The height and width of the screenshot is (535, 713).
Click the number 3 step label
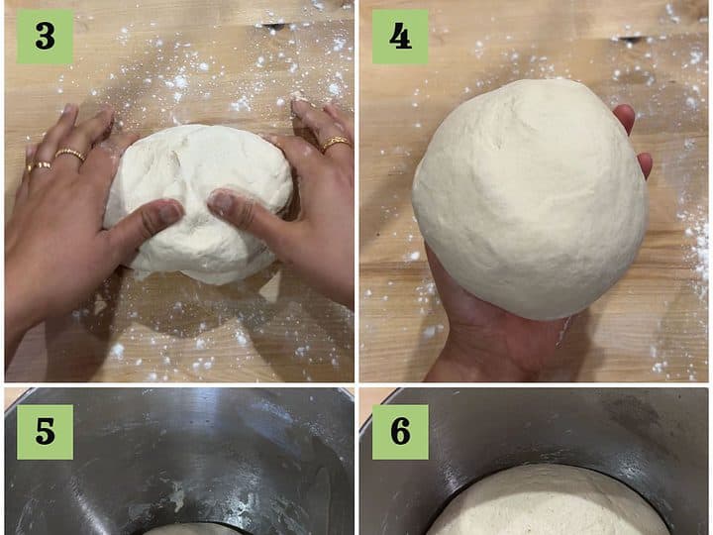pyautogui.click(x=45, y=37)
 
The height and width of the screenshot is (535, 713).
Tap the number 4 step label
pyautogui.click(x=400, y=37)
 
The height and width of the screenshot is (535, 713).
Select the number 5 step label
pyautogui.click(x=45, y=432)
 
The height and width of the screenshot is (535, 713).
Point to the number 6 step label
pyautogui.click(x=400, y=432)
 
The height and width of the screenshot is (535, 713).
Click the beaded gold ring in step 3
pyautogui.click(x=70, y=155)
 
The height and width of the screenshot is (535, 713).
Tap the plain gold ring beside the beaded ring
pyautogui.click(x=40, y=166)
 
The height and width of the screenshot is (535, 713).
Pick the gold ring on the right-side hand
pyautogui.click(x=336, y=143)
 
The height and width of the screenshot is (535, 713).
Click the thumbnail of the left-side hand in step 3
pyautogui.click(x=169, y=212)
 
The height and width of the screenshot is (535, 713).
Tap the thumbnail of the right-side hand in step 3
pyautogui.click(x=221, y=200)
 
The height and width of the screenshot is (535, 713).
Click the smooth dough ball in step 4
pyautogui.click(x=531, y=199)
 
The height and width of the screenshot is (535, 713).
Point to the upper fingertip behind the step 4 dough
pyautogui.click(x=624, y=117)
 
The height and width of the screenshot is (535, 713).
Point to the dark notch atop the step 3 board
pyautogui.click(x=273, y=25)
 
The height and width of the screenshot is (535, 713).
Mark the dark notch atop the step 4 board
pyautogui.click(x=630, y=39)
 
